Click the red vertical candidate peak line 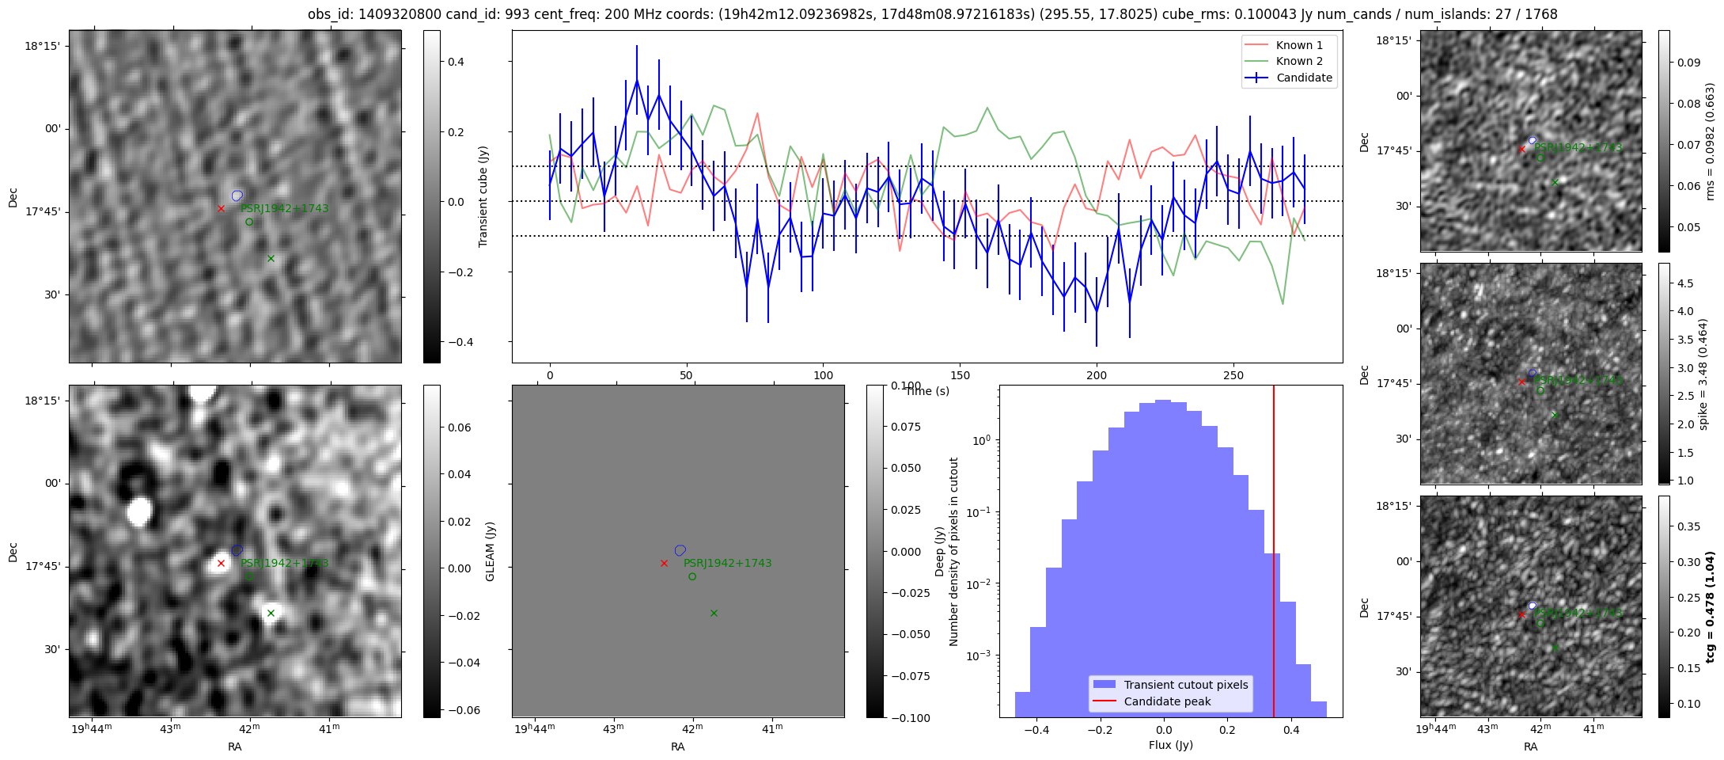tap(1274, 554)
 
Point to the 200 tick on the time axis tap(1097, 375)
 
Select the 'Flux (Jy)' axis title tap(1170, 745)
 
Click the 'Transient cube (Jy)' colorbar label tap(483, 196)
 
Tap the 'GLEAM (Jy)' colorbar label tap(490, 551)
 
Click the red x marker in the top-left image tap(221, 208)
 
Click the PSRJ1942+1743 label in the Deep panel tap(727, 563)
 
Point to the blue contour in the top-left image tap(237, 196)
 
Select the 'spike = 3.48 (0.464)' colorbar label tap(1703, 374)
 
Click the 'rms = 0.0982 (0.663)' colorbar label tap(1710, 141)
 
